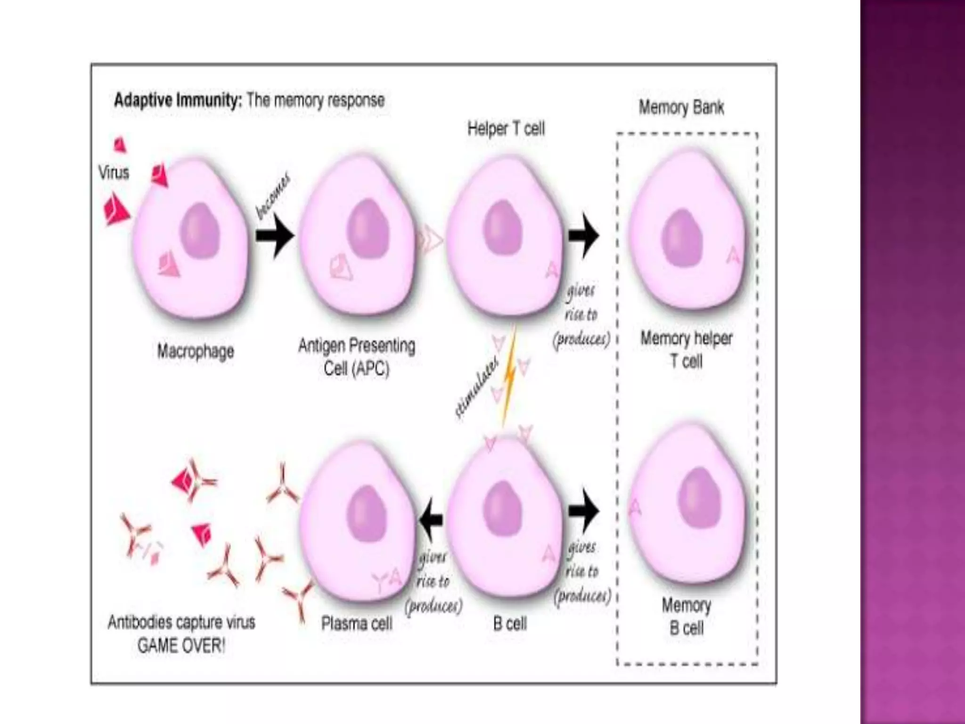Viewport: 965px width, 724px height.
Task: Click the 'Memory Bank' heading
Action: point(681,107)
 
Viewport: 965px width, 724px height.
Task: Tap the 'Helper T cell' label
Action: point(506,129)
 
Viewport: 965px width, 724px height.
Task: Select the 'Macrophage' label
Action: point(195,351)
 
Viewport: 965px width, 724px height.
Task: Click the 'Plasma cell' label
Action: point(356,624)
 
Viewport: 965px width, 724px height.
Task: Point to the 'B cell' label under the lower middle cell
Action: point(509,624)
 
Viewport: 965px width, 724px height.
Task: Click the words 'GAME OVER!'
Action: point(181,645)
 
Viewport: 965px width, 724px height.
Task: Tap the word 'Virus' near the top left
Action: point(114,173)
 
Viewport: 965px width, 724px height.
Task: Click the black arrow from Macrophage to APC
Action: point(275,235)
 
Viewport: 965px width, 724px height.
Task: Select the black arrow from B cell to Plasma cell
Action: point(431,519)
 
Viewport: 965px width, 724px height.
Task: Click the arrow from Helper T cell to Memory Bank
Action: point(584,235)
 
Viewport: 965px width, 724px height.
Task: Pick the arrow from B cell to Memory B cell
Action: point(584,510)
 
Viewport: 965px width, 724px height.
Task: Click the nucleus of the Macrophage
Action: point(200,231)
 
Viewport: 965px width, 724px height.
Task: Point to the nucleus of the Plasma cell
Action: point(367,514)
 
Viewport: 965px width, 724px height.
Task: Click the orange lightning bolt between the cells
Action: point(509,377)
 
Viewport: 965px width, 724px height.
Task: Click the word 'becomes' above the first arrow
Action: point(273,197)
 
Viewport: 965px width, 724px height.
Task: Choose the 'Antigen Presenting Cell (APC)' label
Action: point(356,357)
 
